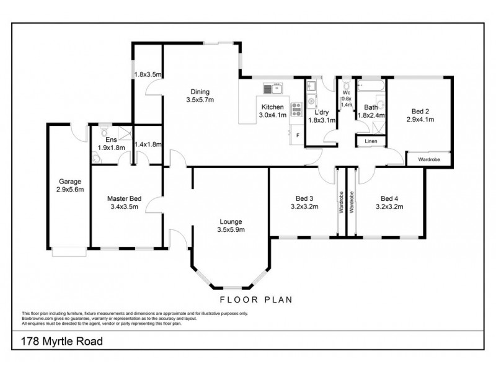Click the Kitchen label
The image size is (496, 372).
pyautogui.click(x=273, y=107)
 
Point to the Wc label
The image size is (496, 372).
pyautogui.click(x=347, y=93)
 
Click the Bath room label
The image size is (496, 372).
pyautogui.click(x=371, y=107)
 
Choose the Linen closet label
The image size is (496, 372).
pyautogui.click(x=371, y=141)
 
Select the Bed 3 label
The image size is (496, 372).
pyautogui.click(x=304, y=199)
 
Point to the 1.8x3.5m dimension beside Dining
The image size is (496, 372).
pyautogui.click(x=148, y=75)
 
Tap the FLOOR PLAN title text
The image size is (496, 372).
pyautogui.click(x=263, y=299)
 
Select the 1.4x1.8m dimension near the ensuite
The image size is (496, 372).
pyautogui.click(x=148, y=144)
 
